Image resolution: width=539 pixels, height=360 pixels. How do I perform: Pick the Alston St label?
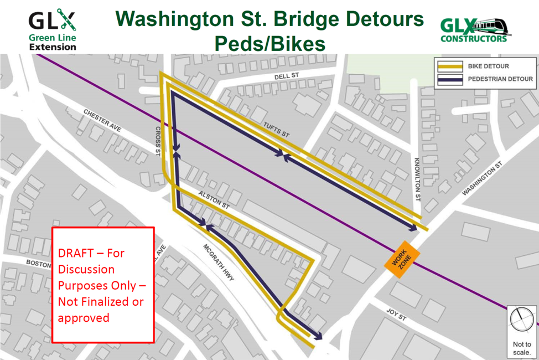tap(214, 200)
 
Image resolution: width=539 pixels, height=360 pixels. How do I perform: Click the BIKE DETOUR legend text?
tap(489, 66)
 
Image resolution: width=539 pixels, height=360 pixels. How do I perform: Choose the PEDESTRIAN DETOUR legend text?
tap(500, 79)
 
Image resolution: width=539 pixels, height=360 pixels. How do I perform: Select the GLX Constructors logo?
tap(475, 30)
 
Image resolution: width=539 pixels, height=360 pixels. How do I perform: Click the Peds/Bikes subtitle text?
tap(269, 43)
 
